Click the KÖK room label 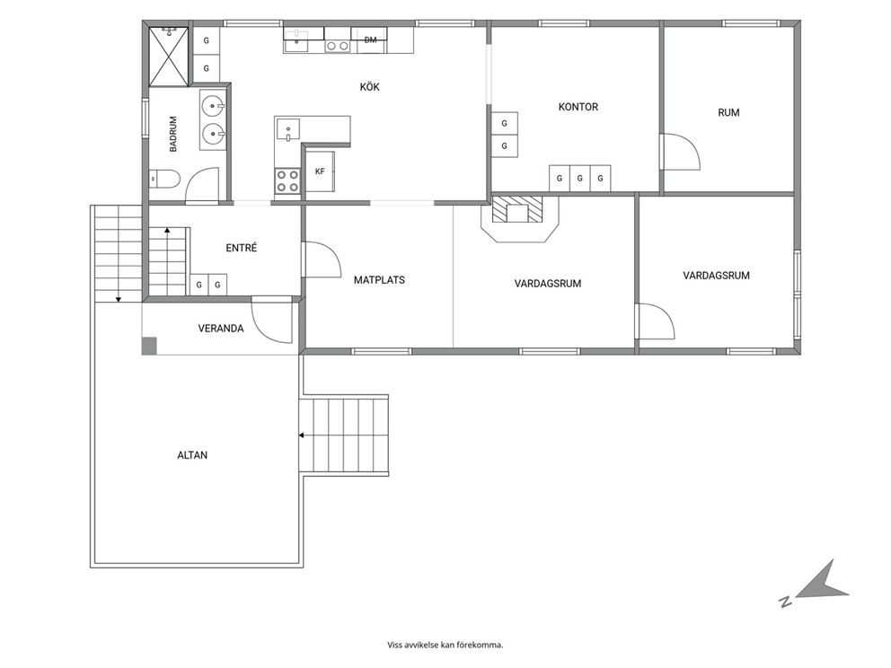coord(369,87)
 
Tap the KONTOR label coord(578,107)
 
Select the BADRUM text coord(173,134)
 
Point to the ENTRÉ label coord(242,248)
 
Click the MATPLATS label coord(379,280)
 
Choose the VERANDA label coord(221,329)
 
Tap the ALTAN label coord(192,455)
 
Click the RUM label coord(728,112)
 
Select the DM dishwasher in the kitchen coord(370,40)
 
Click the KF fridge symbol coord(320,171)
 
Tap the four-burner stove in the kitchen coord(287,181)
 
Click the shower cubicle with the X coord(168,57)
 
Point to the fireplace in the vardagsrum coord(517,213)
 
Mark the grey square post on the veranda coord(149,346)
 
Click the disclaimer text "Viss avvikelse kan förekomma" coord(445,645)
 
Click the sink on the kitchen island coord(288,129)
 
